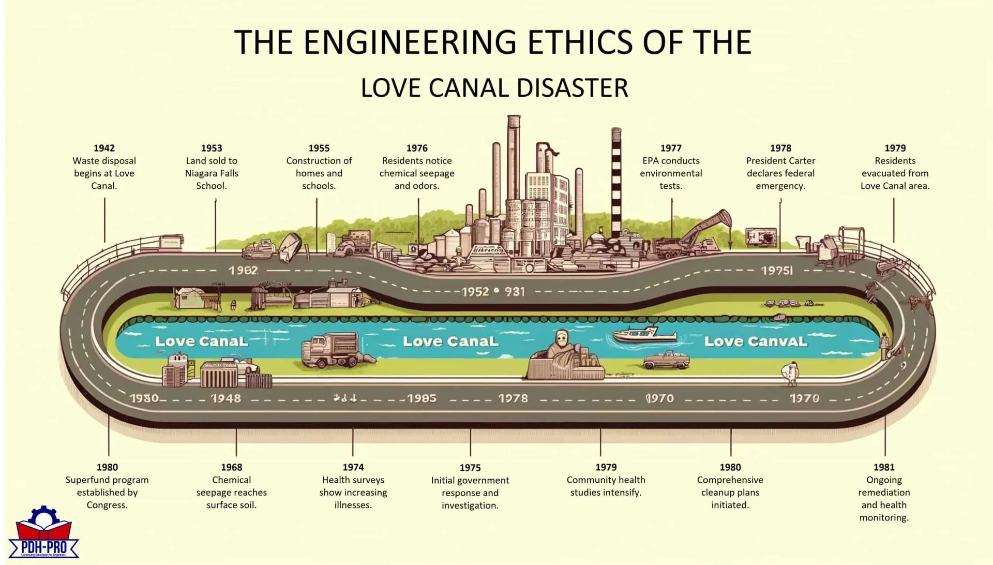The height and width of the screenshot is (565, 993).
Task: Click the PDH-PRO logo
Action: [x=43, y=533]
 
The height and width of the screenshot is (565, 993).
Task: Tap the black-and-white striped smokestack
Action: [x=616, y=186]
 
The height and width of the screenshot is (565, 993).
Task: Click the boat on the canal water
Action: [x=644, y=335]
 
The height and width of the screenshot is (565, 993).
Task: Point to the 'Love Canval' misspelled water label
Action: [x=755, y=341]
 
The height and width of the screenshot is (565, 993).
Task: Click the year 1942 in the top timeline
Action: [x=104, y=148]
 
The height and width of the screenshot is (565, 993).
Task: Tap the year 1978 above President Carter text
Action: [x=780, y=148]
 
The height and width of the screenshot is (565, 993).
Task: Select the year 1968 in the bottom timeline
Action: [x=231, y=467]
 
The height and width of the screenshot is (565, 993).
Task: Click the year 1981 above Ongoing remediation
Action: [x=884, y=467]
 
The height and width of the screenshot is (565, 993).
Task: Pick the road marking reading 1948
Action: [x=226, y=398]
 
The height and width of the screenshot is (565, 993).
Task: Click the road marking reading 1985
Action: [x=422, y=398]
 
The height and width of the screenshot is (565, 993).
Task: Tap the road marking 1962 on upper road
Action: [x=243, y=271]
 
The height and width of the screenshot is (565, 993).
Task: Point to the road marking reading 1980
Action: [x=144, y=398]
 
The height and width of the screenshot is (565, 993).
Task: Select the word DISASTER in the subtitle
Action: [x=572, y=88]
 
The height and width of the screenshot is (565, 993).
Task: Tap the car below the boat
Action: [x=666, y=360]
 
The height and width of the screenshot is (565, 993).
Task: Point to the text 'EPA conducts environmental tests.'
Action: [x=671, y=173]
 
